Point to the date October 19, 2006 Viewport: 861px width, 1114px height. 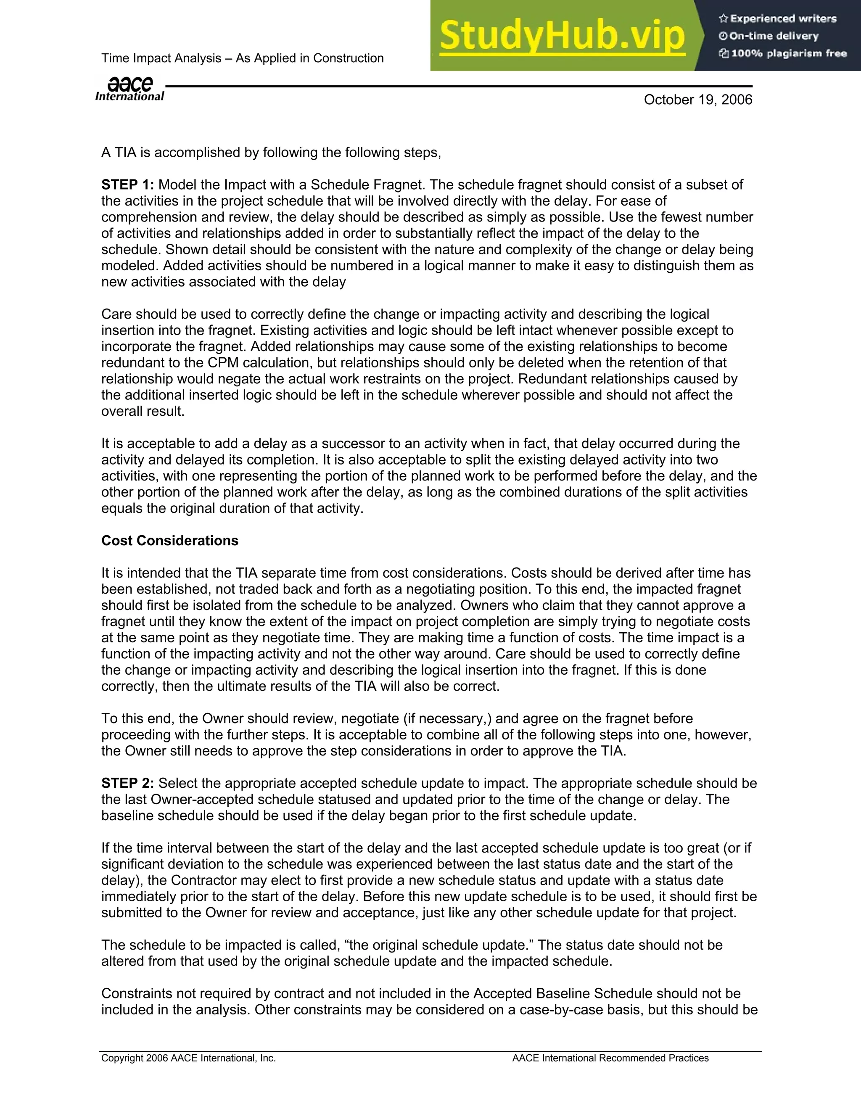(x=698, y=100)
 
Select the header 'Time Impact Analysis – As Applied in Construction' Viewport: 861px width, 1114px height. (x=242, y=58)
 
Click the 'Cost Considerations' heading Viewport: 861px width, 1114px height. (x=170, y=541)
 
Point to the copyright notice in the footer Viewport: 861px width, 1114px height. (x=188, y=1058)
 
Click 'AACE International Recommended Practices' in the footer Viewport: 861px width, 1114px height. (x=610, y=1058)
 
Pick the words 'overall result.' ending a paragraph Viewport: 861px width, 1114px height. (x=143, y=411)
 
